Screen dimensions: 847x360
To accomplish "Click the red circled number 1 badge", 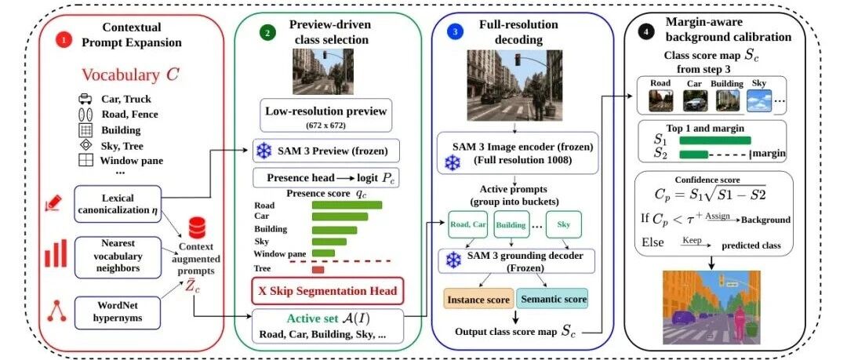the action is click(x=64, y=39).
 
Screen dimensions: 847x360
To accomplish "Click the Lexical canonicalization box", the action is click(x=118, y=204).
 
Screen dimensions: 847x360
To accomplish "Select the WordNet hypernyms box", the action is click(x=118, y=312).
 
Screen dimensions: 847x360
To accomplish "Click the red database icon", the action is click(x=197, y=227).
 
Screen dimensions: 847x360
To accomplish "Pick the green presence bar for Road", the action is click(x=347, y=205).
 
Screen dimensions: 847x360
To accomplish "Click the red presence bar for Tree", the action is click(x=318, y=269).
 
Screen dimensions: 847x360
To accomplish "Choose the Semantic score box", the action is click(x=551, y=299).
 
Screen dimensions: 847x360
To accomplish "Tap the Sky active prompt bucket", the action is click(x=563, y=224).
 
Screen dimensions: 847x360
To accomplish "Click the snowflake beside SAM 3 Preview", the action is click(x=264, y=151).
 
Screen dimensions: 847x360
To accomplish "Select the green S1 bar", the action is click(x=715, y=140).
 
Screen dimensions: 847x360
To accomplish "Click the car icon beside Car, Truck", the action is click(x=85, y=99).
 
